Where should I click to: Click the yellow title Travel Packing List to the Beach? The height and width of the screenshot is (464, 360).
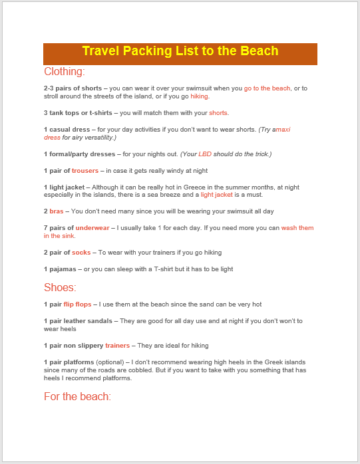(x=180, y=52)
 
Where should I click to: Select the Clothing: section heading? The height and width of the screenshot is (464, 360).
(x=65, y=72)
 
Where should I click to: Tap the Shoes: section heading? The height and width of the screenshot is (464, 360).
(x=60, y=287)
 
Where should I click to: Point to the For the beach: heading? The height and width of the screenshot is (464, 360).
(x=77, y=397)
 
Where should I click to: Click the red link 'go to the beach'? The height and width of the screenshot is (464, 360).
(x=267, y=88)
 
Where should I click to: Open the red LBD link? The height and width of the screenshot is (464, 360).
(x=204, y=154)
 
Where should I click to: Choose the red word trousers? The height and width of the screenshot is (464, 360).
(x=85, y=171)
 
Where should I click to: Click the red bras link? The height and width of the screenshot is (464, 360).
(x=56, y=211)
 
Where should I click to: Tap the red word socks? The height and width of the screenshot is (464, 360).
(x=81, y=253)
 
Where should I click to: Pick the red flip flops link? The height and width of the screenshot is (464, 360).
(x=78, y=304)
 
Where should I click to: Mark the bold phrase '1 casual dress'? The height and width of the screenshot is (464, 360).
(x=66, y=129)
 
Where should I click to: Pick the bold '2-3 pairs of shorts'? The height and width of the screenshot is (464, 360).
(x=73, y=88)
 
